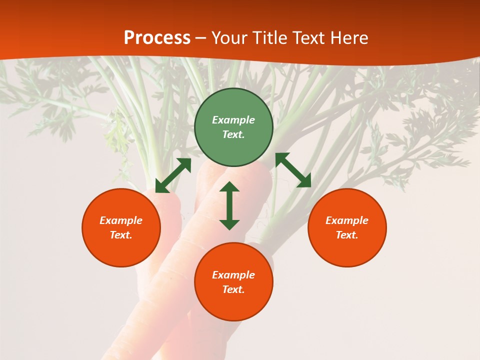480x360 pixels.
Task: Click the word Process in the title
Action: (x=157, y=38)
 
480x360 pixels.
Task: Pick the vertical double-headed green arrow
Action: (x=229, y=205)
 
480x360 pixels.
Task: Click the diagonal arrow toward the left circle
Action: (x=173, y=175)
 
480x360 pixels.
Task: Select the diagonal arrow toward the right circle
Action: (x=293, y=170)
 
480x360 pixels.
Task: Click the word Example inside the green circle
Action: (x=233, y=120)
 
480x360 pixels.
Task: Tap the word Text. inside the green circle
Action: (x=233, y=134)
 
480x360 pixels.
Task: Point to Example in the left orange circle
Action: (x=121, y=220)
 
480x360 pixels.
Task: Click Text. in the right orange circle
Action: (x=347, y=235)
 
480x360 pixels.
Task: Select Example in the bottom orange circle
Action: (x=233, y=275)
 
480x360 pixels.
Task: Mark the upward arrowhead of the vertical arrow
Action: (x=229, y=187)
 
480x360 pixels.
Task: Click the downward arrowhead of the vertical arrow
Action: (x=229, y=224)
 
